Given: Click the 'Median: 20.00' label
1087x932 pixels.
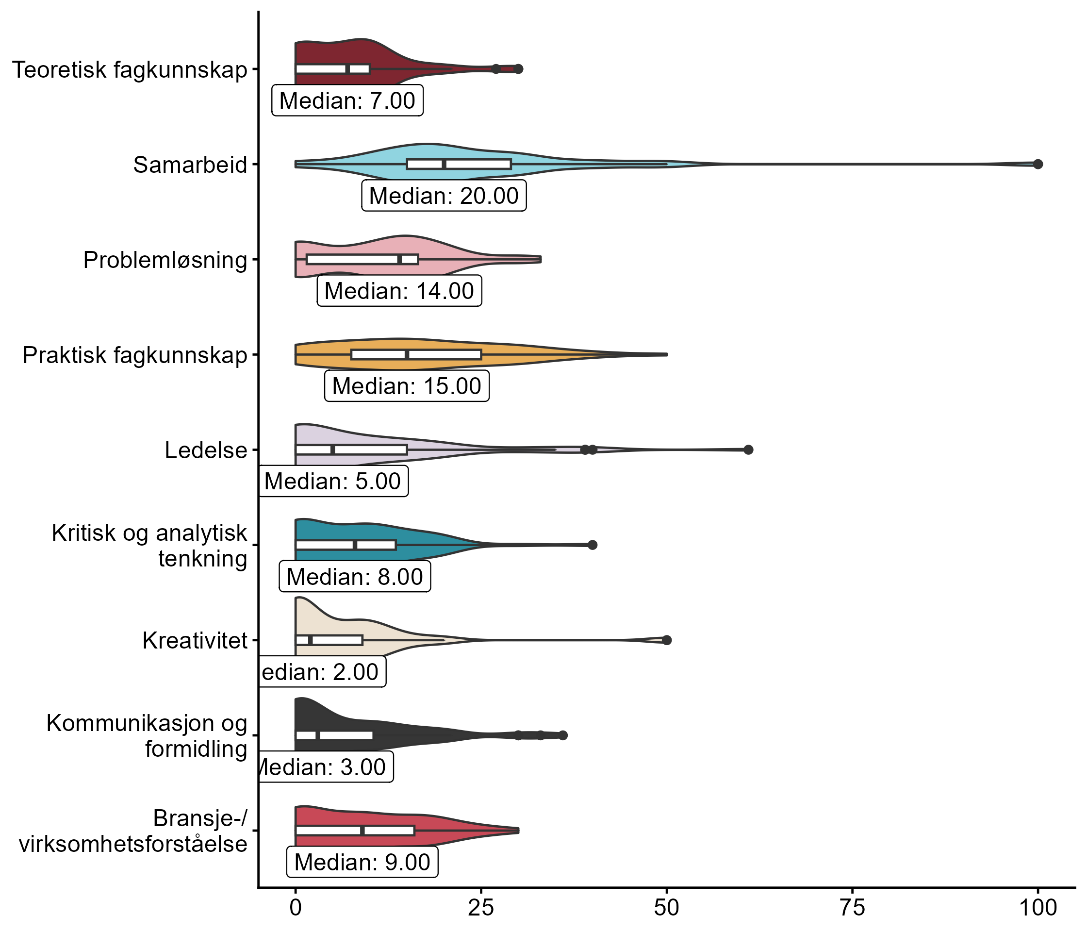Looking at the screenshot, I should coord(444,196).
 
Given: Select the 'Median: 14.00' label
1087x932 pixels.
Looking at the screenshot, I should coord(399,291).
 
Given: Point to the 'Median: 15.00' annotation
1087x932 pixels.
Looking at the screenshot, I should coord(407,386).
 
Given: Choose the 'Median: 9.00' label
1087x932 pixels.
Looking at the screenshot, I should coord(362,862).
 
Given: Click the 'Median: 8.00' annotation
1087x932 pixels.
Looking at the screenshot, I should coord(355,577).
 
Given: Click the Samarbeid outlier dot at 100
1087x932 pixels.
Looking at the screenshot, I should coord(1037,164).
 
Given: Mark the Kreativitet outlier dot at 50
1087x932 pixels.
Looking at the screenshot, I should coord(666,640).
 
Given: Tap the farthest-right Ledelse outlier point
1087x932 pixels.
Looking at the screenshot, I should coord(748,449).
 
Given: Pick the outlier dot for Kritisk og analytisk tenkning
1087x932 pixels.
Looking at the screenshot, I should coord(593,545).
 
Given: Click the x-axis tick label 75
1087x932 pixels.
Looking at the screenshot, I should coord(852,908).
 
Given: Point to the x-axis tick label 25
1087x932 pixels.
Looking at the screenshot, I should coord(481,908).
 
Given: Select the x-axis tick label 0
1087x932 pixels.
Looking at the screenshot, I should coord(296,908).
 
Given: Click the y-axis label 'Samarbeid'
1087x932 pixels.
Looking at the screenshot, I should coord(190,165).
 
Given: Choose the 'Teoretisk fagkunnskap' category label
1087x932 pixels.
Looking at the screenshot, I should coord(129,70).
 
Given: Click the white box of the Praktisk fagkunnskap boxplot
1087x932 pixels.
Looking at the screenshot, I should coord(416,355).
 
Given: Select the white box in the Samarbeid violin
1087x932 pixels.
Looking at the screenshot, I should coord(459,164).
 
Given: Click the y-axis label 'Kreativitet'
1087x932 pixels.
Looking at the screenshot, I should coord(195,641).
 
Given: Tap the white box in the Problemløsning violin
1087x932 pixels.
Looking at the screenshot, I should coord(362,259).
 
